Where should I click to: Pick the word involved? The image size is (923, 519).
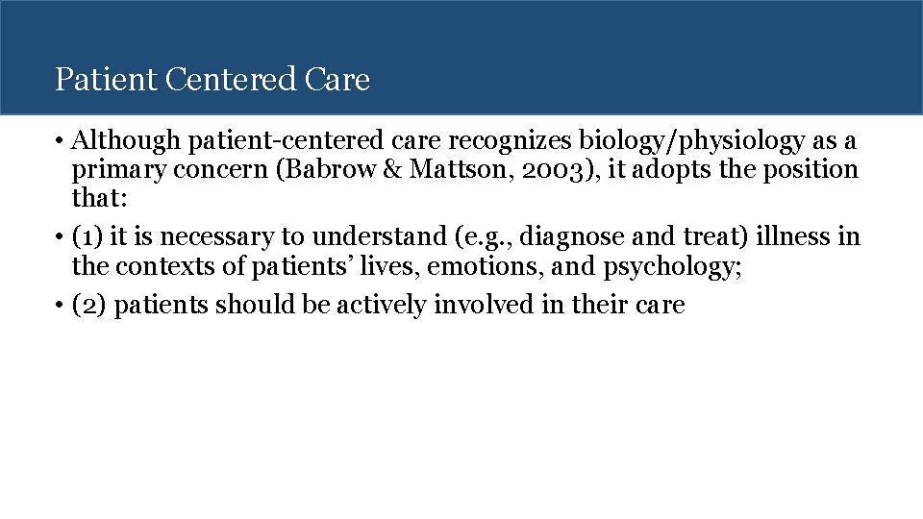(x=481, y=306)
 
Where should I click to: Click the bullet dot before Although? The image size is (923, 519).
(x=61, y=142)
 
